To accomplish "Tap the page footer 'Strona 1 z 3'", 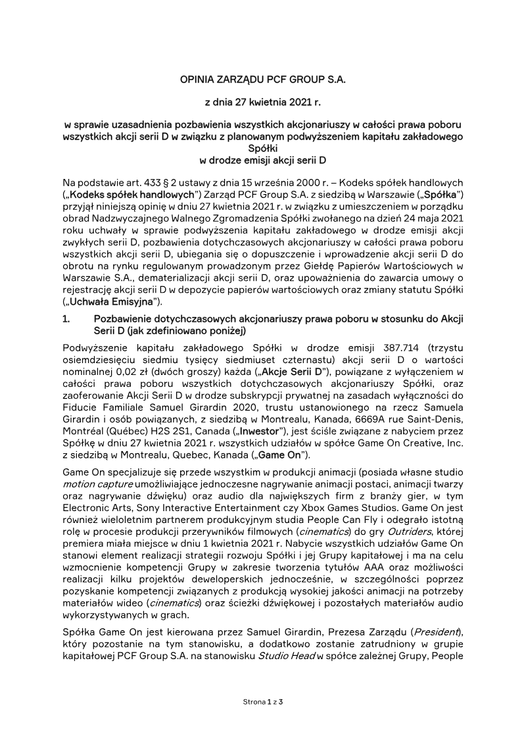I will [x=262, y=703].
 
